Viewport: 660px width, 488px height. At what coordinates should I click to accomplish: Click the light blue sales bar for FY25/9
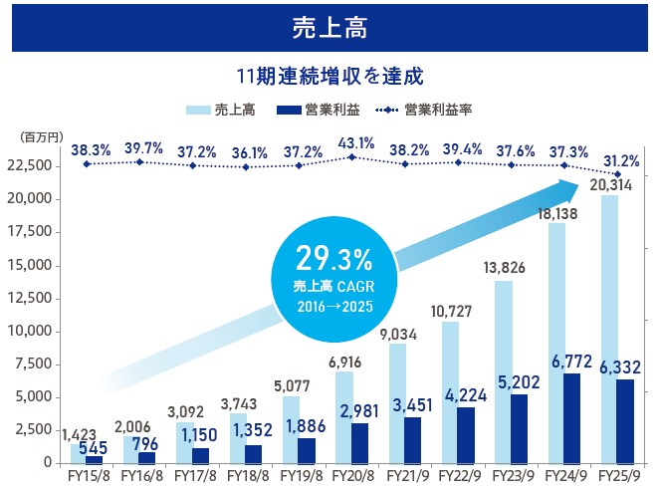(x=608, y=329)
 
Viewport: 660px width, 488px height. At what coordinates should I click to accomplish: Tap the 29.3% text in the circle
(x=332, y=260)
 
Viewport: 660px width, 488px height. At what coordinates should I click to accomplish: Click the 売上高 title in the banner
(x=330, y=27)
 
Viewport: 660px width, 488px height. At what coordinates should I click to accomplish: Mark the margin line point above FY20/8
(x=351, y=156)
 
